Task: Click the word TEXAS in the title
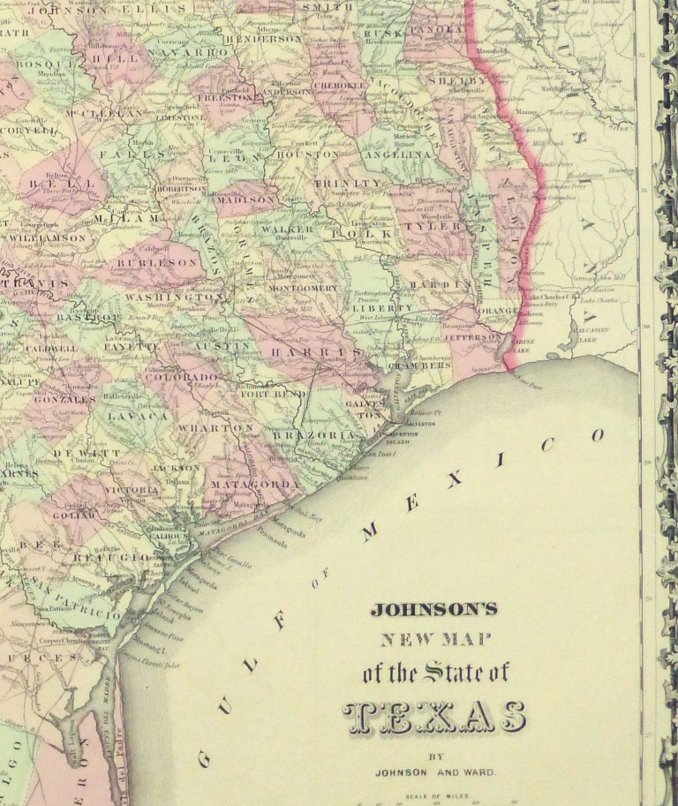pyautogui.click(x=434, y=718)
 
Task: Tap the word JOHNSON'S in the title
pyautogui.click(x=433, y=608)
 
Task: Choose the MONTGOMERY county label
pyautogui.click(x=302, y=289)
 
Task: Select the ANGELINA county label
pyautogui.click(x=405, y=154)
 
